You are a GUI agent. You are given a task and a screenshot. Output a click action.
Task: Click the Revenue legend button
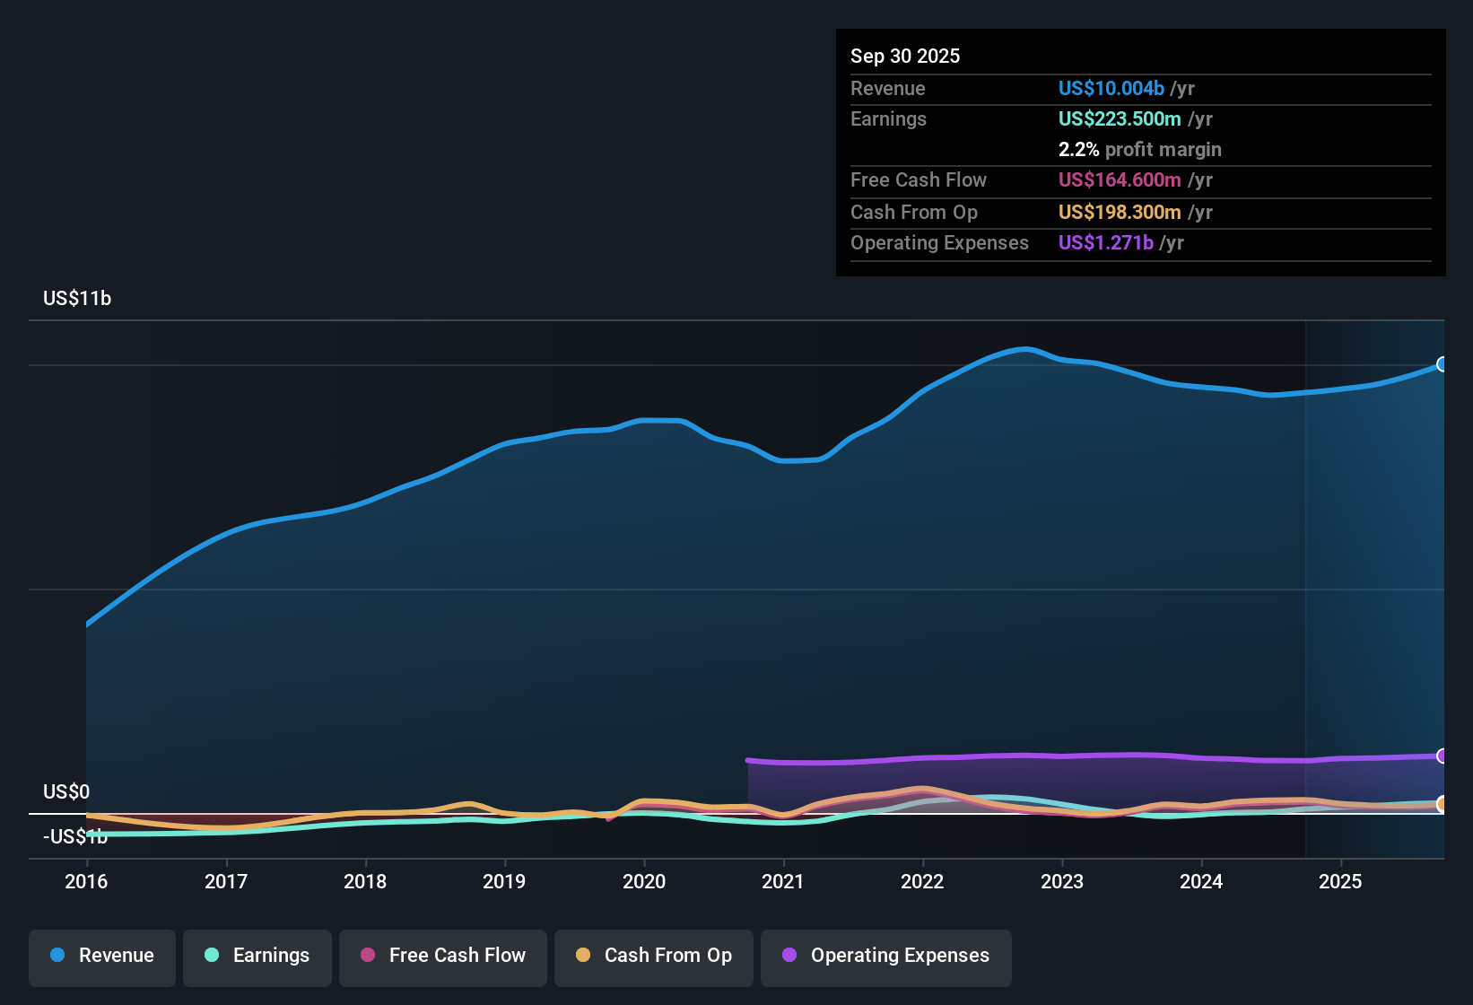coord(102,956)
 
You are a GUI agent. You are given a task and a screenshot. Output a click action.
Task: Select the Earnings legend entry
coord(257,956)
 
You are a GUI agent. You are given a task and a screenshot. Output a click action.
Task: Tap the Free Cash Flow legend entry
coord(443,956)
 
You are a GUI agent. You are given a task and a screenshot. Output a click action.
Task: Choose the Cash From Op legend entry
coord(654,956)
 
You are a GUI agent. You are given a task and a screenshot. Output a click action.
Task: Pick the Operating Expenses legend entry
coord(886,956)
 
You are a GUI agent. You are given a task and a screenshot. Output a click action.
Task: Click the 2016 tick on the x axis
coord(86,881)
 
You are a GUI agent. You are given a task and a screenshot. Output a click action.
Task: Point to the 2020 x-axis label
coord(644,881)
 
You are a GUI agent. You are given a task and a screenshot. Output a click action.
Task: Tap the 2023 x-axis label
coord(1062,881)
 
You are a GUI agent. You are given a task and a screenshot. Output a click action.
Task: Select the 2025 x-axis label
coord(1340,881)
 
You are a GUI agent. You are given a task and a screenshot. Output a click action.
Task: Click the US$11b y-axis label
coord(77,299)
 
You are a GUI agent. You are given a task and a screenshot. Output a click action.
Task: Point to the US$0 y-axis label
coord(66,791)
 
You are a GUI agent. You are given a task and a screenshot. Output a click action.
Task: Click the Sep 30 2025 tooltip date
coord(905,56)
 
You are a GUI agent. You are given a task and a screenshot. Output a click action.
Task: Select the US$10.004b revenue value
coord(1111,88)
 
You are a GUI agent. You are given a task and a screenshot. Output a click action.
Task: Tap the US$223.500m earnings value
coord(1120,118)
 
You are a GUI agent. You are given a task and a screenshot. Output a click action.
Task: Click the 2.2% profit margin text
coord(1139,150)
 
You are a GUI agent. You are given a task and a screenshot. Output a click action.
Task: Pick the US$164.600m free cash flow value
coord(1120,179)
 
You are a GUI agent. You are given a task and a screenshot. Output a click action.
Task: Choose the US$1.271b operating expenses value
coord(1105,242)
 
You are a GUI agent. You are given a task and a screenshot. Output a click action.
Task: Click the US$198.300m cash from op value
coord(1120,212)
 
